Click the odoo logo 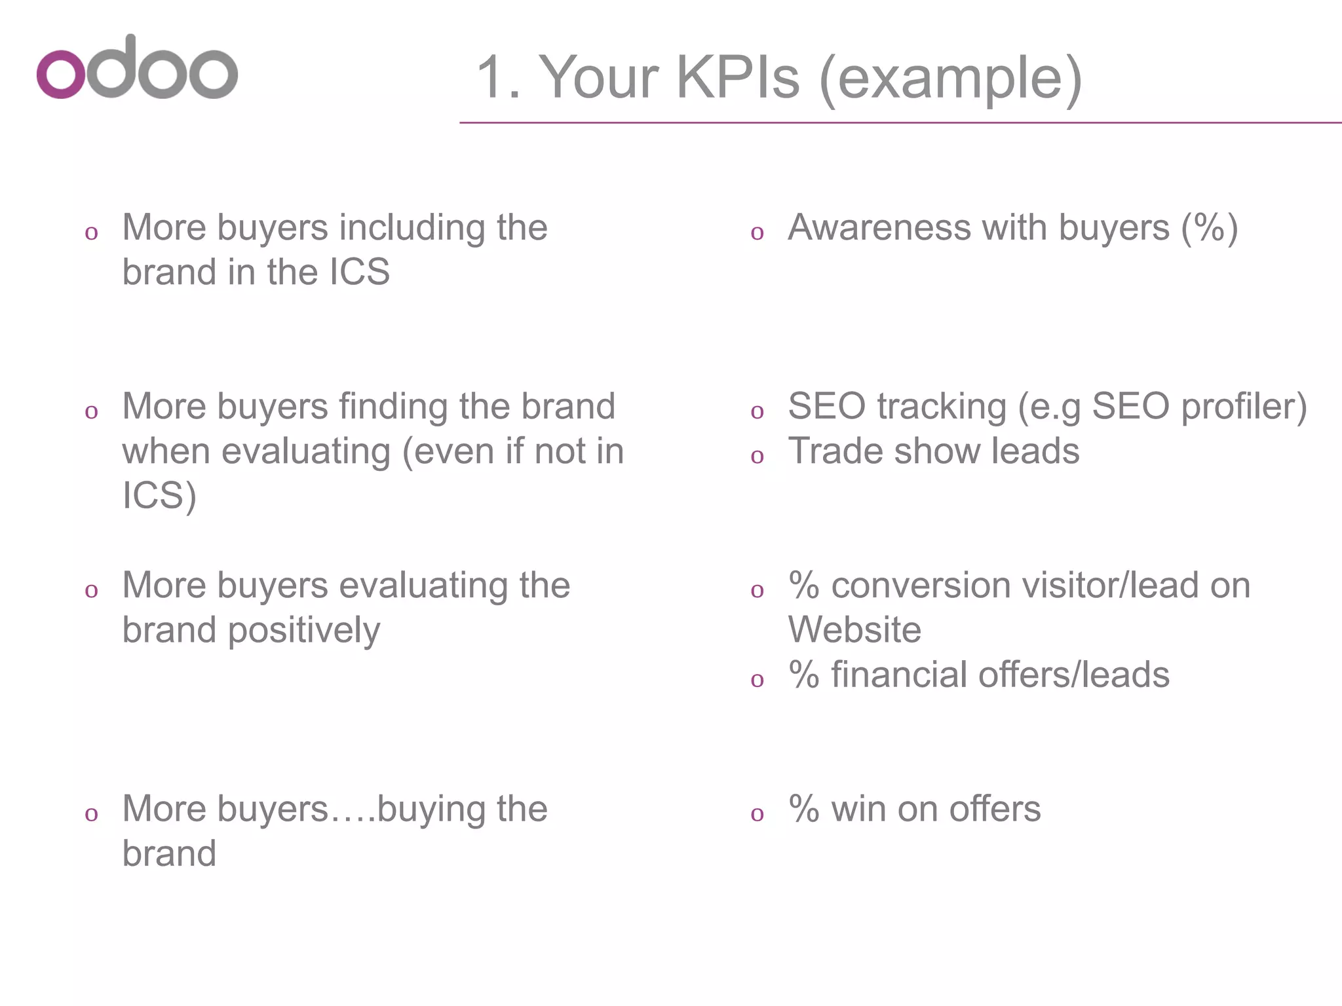pyautogui.click(x=137, y=68)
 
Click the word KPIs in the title pyautogui.click(x=738, y=77)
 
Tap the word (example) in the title pyautogui.click(x=950, y=79)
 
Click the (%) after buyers pyautogui.click(x=1210, y=228)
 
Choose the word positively pyautogui.click(x=304, y=631)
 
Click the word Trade pyautogui.click(x=826, y=451)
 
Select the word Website pyautogui.click(x=854, y=630)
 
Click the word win pyautogui.click(x=858, y=809)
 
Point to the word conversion pyautogui.click(x=921, y=586)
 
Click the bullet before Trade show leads pyautogui.click(x=757, y=456)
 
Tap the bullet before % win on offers pyautogui.click(x=757, y=813)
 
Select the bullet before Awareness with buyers pyautogui.click(x=757, y=233)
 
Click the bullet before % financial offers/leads pyautogui.click(x=757, y=679)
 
